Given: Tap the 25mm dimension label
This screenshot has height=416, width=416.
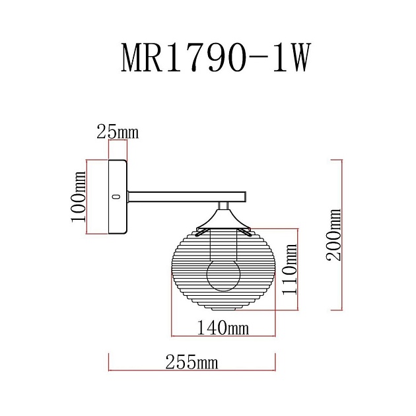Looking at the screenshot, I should [x=118, y=132].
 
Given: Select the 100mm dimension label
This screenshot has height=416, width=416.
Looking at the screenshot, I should [x=79, y=196].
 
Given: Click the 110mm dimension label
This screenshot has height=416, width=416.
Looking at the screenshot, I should [x=289, y=269].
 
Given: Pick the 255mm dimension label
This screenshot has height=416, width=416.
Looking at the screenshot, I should [x=191, y=363].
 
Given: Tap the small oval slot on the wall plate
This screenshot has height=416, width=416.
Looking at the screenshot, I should [x=117, y=196].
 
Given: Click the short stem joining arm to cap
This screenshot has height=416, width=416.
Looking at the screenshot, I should [x=223, y=204].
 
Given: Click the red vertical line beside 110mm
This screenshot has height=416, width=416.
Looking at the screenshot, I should [x=298, y=269].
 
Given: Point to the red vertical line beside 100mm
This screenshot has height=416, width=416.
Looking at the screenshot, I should [x=88, y=196].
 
